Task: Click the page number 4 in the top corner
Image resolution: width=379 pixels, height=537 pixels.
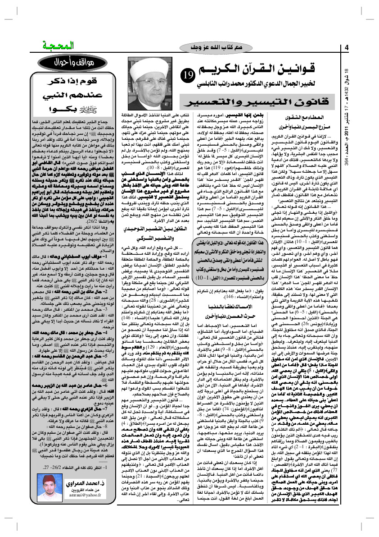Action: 347,47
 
